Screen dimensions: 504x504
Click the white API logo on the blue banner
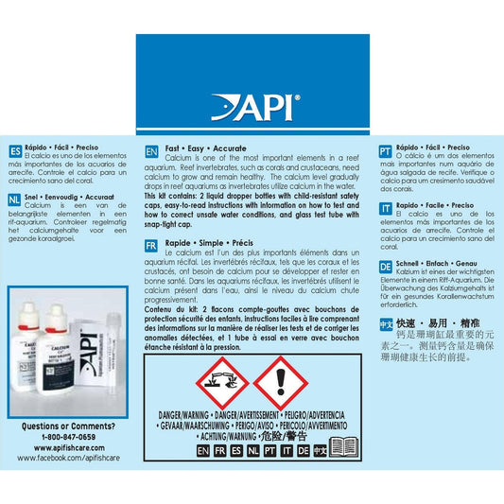[x=251, y=106]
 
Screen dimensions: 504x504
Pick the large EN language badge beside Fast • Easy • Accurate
[x=150, y=151]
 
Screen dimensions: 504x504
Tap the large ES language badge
[x=13, y=151]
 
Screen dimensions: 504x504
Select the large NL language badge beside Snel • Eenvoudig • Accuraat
[x=13, y=200]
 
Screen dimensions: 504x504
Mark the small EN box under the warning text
[x=202, y=452]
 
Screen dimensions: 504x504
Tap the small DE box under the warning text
[x=304, y=452]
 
